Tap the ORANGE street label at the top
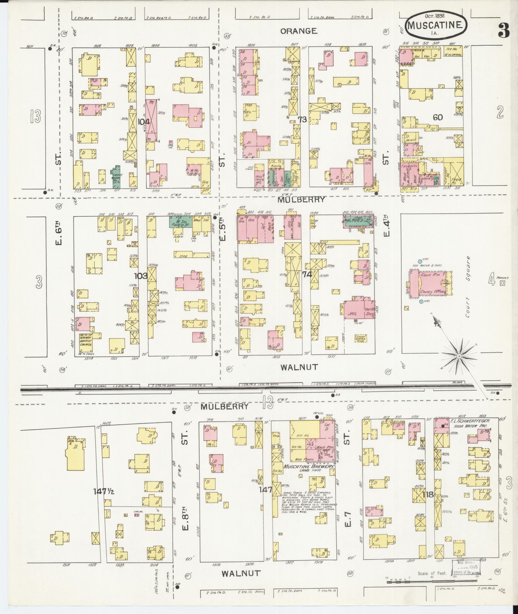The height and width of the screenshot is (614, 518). [x=299, y=31]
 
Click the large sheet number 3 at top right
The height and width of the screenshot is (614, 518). [x=504, y=30]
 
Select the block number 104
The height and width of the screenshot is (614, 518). [x=144, y=122]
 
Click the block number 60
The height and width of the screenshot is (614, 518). [x=437, y=117]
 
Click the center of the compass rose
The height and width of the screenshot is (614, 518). [x=459, y=356]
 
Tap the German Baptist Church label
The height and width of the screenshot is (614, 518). [x=86, y=340]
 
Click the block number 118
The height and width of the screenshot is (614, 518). [x=428, y=494]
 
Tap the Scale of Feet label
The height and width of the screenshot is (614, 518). [x=432, y=573]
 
